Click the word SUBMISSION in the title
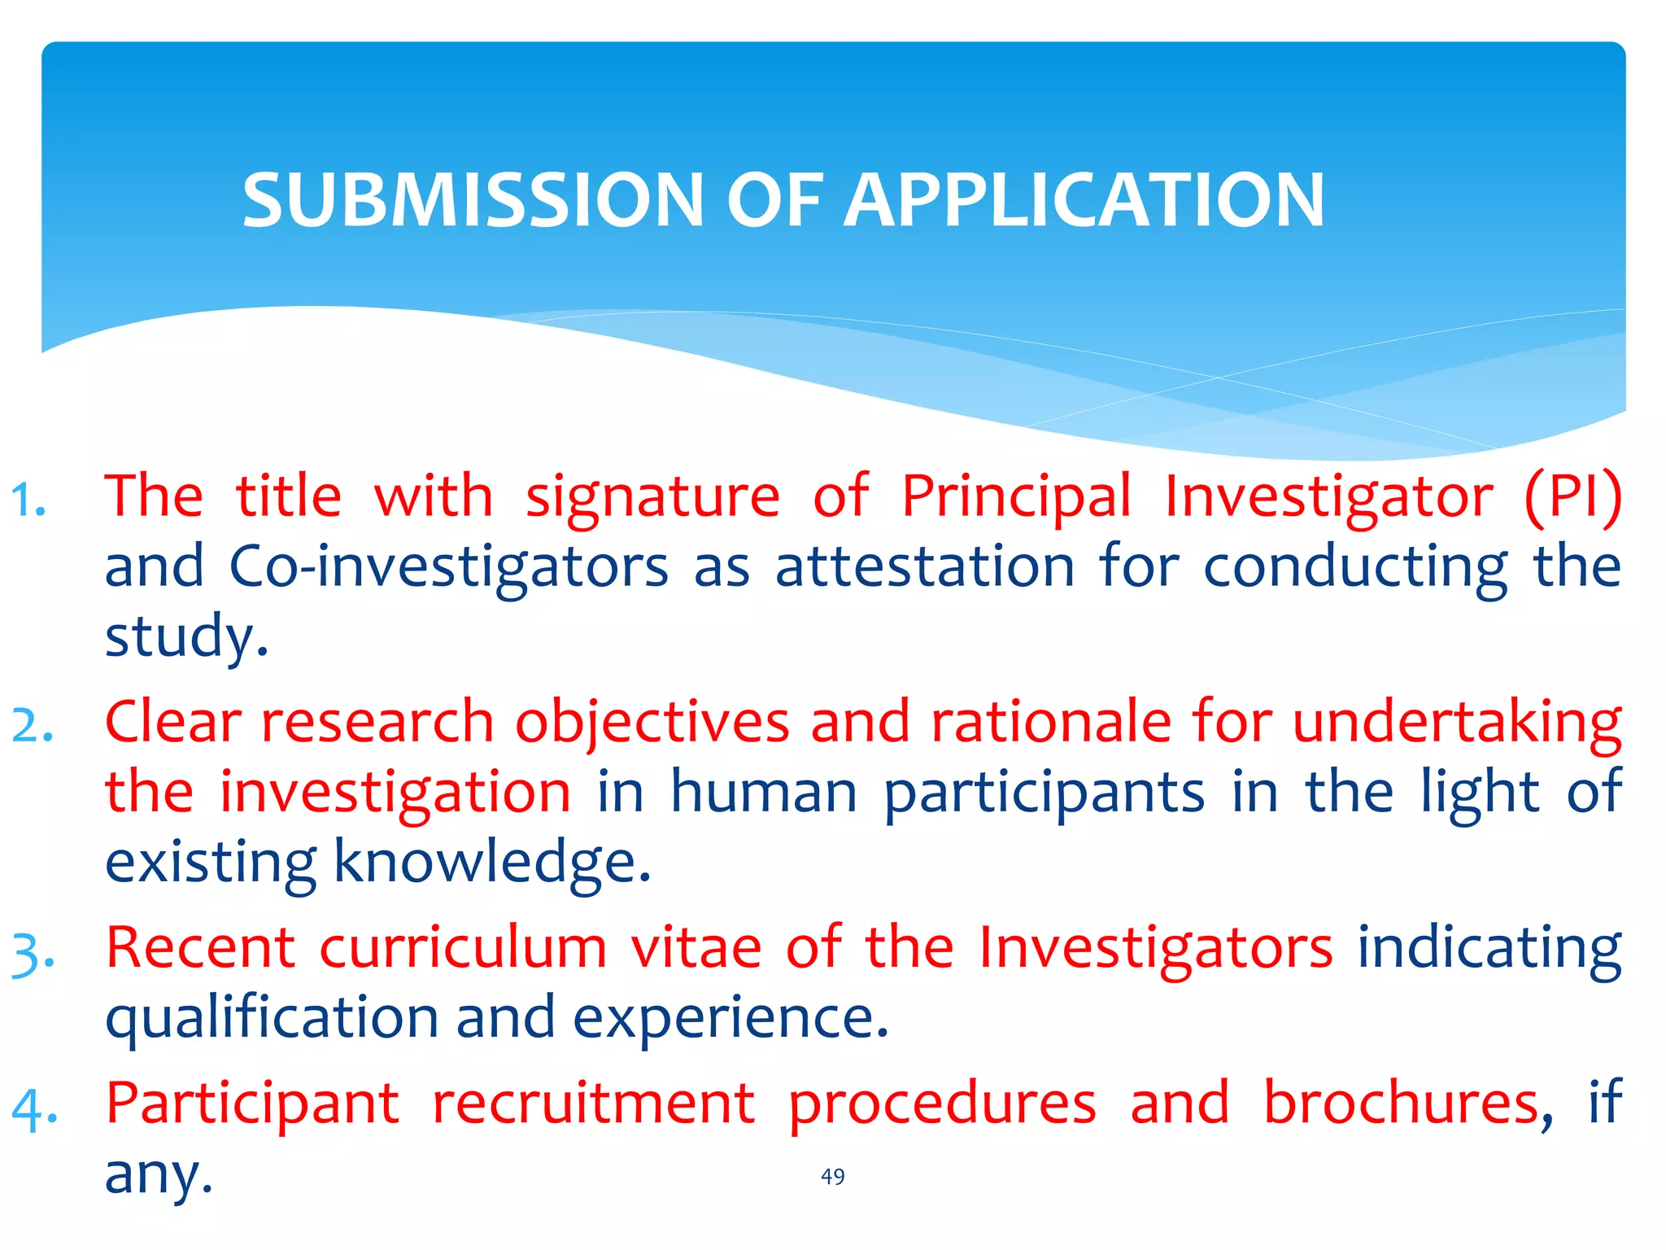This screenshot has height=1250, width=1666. [x=473, y=200]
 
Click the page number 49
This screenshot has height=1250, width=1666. [x=832, y=1177]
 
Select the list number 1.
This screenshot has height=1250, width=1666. [x=28, y=500]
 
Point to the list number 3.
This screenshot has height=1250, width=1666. [x=33, y=953]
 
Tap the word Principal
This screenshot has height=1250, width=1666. [x=1016, y=496]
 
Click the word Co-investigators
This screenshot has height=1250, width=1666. [x=448, y=568]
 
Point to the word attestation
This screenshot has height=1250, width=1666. [x=924, y=566]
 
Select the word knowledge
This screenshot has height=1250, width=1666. [x=491, y=862]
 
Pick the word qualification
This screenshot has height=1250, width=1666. [x=273, y=1018]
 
